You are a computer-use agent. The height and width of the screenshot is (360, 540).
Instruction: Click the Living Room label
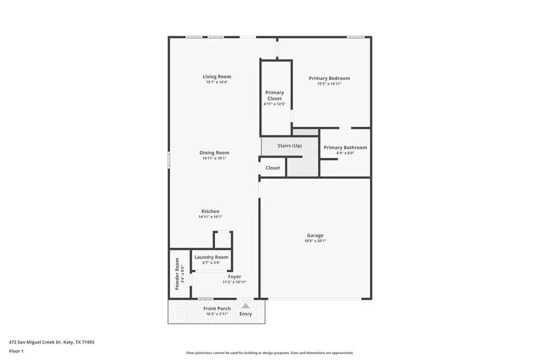click(217, 77)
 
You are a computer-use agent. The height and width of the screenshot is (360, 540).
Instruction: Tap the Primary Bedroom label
click(329, 78)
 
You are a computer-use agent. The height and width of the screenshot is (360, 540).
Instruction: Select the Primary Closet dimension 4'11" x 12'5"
click(274, 104)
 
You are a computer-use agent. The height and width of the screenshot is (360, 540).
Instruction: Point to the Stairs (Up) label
click(289, 146)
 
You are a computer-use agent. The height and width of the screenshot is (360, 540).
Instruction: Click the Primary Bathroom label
click(345, 147)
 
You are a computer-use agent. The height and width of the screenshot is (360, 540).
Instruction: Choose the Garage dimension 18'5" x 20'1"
click(315, 241)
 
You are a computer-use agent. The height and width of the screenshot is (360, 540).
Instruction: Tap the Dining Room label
click(214, 153)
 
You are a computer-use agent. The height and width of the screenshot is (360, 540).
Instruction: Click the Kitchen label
click(211, 211)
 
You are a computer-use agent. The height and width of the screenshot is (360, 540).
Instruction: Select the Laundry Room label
click(211, 257)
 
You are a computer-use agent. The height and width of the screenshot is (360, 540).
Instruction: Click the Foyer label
click(234, 276)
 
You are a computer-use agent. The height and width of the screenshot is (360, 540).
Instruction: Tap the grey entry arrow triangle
click(246, 305)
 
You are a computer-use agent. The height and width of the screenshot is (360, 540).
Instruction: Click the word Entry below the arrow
click(246, 314)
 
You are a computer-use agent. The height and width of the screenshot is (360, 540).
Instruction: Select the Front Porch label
click(217, 308)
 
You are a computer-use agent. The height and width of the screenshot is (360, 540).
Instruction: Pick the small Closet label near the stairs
click(273, 168)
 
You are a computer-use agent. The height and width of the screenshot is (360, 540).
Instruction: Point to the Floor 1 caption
click(16, 351)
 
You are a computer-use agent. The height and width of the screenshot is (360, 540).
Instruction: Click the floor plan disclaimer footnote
click(270, 352)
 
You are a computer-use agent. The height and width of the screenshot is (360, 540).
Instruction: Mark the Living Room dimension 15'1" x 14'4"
click(217, 82)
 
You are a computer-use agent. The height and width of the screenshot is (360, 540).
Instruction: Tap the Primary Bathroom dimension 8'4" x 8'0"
click(345, 153)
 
